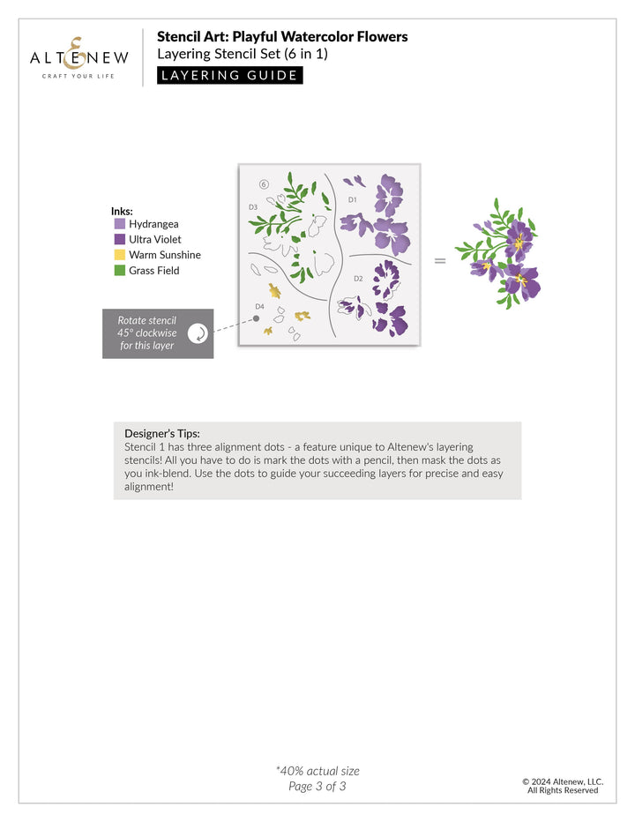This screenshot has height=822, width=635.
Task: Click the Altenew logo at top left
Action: point(79,57)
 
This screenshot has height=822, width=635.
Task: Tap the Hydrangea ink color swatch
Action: point(120,224)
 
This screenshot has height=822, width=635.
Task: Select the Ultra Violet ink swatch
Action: point(120,239)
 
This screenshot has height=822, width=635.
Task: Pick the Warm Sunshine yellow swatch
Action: point(120,255)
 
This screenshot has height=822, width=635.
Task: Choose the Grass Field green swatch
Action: point(120,271)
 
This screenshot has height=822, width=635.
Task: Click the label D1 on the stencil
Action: point(352,200)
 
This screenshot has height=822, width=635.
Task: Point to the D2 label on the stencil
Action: point(358,279)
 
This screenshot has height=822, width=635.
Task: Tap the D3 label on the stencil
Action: point(253,207)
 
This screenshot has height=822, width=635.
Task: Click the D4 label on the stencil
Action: point(259,306)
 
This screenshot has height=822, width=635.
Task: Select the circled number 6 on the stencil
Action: point(263,184)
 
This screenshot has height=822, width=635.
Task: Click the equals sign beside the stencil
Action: point(440,260)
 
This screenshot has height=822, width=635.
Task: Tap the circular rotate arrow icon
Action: point(198,333)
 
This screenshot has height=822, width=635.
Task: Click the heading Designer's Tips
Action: point(162,434)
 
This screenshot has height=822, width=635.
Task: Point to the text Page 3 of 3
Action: point(317,786)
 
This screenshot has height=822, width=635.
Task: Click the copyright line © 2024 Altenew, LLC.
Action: point(563,781)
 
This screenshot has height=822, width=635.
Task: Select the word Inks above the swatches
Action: point(122,211)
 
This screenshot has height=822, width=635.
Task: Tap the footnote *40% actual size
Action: point(317,771)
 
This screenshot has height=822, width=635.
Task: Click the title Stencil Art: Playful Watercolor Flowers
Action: point(282,37)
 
